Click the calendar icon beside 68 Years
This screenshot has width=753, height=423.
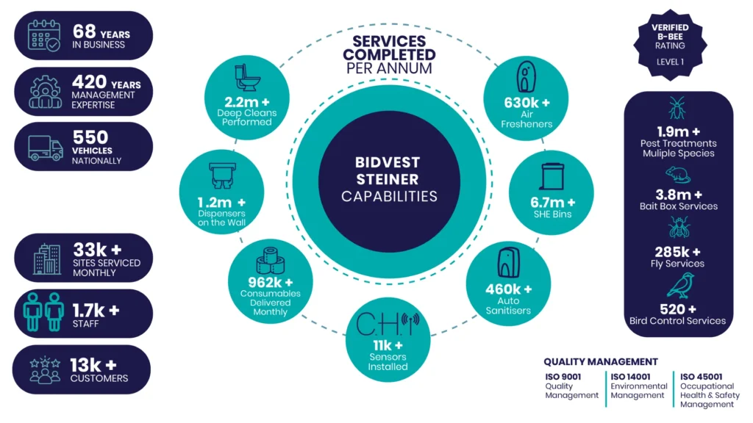click(43, 35)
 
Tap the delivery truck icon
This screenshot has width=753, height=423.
click(46, 148)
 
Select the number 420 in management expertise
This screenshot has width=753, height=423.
click(89, 82)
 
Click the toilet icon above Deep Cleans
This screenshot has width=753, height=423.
click(247, 78)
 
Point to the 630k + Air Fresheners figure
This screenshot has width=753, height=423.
click(527, 103)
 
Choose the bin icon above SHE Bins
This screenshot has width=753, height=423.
click(552, 176)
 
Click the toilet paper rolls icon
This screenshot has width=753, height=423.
click(271, 261)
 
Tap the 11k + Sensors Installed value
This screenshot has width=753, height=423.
click(388, 345)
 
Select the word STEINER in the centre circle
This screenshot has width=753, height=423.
click(388, 179)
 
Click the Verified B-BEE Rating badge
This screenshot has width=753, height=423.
click(670, 45)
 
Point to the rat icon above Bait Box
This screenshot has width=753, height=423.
click(677, 176)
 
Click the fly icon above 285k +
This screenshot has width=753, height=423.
click(679, 227)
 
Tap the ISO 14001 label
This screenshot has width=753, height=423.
click(630, 377)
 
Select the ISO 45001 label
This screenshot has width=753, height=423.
click(701, 377)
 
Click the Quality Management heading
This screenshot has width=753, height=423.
click(601, 361)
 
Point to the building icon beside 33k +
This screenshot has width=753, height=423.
click(47, 259)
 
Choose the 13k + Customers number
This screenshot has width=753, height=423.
click(93, 365)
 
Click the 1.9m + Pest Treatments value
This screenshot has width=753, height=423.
click(678, 131)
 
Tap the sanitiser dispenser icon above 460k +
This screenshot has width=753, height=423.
click(508, 262)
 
